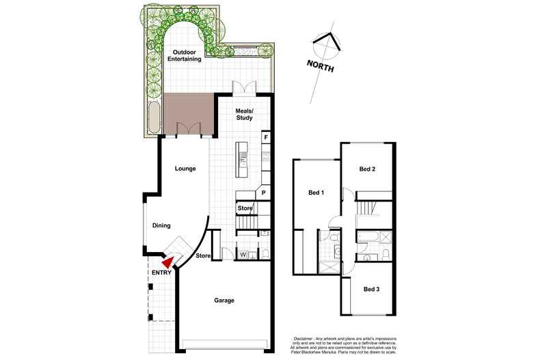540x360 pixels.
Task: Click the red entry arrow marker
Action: tap(167, 262)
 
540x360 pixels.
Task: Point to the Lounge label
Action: tap(186, 167)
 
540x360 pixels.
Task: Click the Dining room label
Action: tap(161, 226)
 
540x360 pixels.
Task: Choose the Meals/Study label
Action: tap(245, 114)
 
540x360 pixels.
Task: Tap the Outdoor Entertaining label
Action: tap(187, 55)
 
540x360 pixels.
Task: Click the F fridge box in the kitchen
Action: tap(264, 137)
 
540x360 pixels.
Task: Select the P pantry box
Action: tap(263, 193)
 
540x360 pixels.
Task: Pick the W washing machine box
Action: tap(243, 255)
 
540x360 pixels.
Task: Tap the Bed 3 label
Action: tap(371, 290)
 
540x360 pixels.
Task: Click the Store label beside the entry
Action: tap(202, 257)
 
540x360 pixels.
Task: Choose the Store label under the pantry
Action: tap(245, 208)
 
